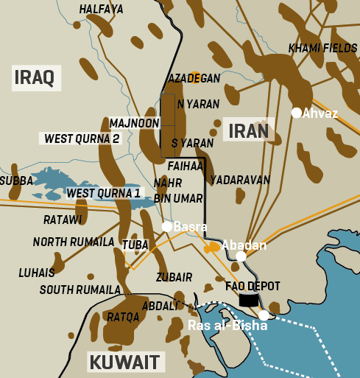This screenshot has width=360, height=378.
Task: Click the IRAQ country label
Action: tap(35, 77)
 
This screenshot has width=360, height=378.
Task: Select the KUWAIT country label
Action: tap(124, 362)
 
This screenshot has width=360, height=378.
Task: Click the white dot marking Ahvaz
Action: tap(296, 113)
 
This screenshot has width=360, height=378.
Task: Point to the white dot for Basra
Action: tap(167, 226)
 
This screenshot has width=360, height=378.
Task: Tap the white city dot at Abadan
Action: tap(241, 256)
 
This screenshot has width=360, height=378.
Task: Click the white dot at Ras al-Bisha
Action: tap(264, 315)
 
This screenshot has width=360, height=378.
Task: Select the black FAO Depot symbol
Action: tap(249, 299)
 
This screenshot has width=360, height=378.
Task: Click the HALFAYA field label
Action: tap(101, 10)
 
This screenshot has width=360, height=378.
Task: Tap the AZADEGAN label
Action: tap(194, 78)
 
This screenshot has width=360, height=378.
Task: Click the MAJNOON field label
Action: tap(133, 122)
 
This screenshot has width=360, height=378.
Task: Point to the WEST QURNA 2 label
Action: tap(82, 139)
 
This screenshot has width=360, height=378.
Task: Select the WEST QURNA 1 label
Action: tap(104, 193)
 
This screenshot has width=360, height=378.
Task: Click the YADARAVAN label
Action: tap(240, 180)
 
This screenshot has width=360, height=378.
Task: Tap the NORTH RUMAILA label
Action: tap(74, 242)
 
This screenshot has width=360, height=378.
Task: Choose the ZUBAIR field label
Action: tap(174, 277)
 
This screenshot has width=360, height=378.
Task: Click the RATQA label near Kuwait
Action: tap(123, 318)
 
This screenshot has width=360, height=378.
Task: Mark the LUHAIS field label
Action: tap(37, 273)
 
